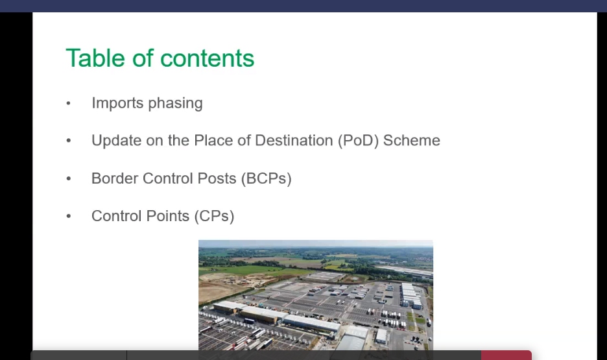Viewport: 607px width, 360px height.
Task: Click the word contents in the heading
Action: coord(207,58)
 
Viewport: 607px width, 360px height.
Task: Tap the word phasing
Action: coord(175,104)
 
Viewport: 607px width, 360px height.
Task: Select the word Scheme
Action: coord(412,141)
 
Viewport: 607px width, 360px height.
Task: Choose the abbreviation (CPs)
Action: coord(214,217)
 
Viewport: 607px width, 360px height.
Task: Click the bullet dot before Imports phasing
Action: coord(69,104)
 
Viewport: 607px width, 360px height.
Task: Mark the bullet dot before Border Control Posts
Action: coord(69,179)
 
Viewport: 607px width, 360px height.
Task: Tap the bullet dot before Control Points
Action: coord(69,217)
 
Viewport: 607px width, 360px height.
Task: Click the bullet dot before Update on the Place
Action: coord(69,141)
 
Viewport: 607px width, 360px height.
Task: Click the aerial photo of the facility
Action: coord(315,295)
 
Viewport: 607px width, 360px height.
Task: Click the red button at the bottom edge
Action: coord(506,355)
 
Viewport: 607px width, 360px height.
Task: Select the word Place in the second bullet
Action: coord(212,141)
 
